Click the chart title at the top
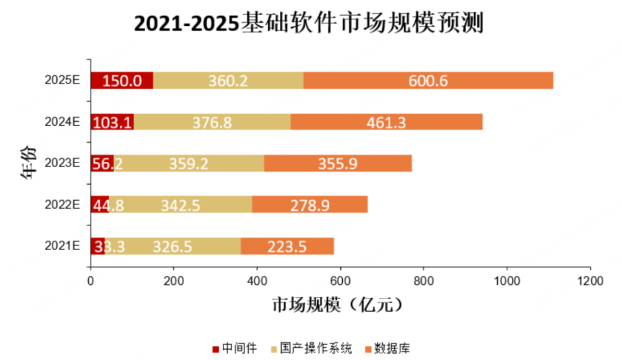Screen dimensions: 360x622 pyautogui.click(x=310, y=24)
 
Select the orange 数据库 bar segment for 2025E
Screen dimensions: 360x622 pyautogui.click(x=428, y=80)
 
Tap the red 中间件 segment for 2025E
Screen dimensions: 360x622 pyautogui.click(x=121, y=80)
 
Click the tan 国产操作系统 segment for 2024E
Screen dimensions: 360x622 pyautogui.click(x=212, y=122)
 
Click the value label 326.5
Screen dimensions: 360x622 pyautogui.click(x=174, y=246)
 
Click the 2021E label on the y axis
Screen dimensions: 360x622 pyautogui.click(x=62, y=246)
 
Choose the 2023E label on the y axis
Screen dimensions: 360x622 pyautogui.click(x=62, y=163)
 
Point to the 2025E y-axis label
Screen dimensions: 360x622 pyautogui.click(x=62, y=80)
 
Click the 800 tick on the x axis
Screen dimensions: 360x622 pyautogui.click(x=424, y=282)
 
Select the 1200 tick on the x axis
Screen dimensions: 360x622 pyautogui.click(x=590, y=282)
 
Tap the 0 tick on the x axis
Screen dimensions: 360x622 pyautogui.click(x=90, y=282)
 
